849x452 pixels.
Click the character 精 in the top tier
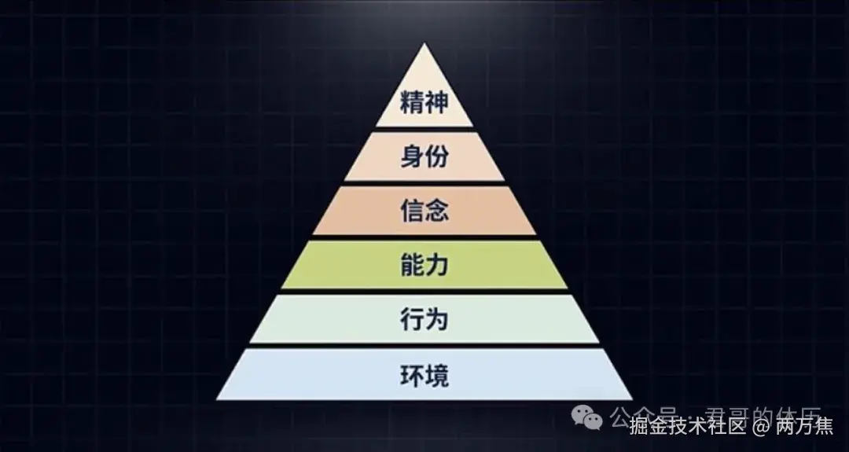coord(412,103)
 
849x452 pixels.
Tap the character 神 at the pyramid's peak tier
coord(437,103)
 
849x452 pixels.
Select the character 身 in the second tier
coord(412,157)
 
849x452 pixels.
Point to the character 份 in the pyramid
coord(437,157)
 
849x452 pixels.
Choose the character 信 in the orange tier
coord(412,211)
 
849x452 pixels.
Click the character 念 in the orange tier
coord(437,211)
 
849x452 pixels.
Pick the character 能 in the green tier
coord(412,266)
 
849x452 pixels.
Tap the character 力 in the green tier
coord(437,266)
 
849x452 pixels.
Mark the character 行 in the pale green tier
coord(412,320)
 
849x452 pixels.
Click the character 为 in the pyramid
coord(437,320)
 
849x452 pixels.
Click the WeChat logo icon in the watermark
coord(587,416)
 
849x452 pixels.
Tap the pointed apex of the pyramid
coord(424,46)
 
